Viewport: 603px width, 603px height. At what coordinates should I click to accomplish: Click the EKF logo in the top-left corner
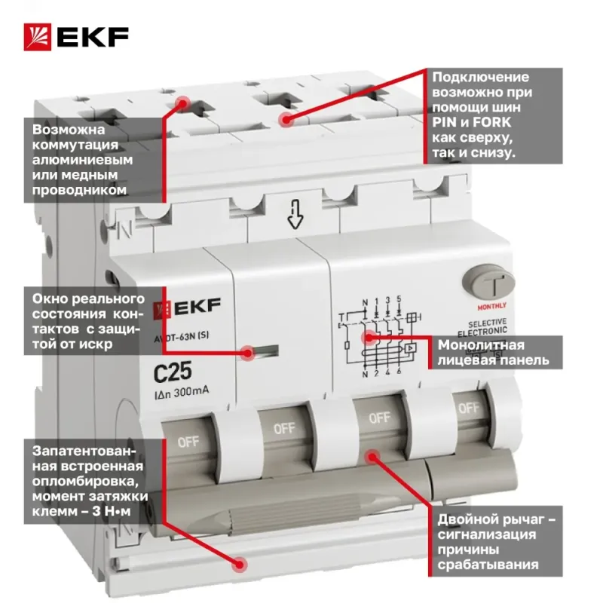pyautogui.click(x=76, y=37)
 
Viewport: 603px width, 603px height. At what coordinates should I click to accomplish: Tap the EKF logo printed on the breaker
pyautogui.click(x=187, y=308)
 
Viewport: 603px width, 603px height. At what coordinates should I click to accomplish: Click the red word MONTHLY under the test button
pyautogui.click(x=492, y=307)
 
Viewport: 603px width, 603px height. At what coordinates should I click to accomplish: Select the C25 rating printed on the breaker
pyautogui.click(x=173, y=372)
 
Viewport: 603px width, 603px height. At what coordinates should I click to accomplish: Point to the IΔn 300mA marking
pyautogui.click(x=181, y=393)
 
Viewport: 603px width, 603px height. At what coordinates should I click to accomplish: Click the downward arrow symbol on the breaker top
pyautogui.click(x=295, y=216)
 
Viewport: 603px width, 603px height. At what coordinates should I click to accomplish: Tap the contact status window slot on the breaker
pyautogui.click(x=265, y=350)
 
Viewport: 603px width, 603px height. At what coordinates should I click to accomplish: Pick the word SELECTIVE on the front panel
pyautogui.click(x=487, y=323)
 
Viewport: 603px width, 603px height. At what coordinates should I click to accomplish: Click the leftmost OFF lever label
pyautogui.click(x=188, y=442)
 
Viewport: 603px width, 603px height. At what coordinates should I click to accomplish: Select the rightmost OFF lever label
pyautogui.click(x=469, y=408)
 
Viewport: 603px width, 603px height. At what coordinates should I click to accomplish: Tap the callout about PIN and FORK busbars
pyautogui.click(x=494, y=115)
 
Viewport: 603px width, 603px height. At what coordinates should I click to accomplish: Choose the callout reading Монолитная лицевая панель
pyautogui.click(x=495, y=353)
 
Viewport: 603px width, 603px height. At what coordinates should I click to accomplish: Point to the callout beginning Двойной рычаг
pyautogui.click(x=495, y=541)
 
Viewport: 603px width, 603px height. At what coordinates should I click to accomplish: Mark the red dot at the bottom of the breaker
pyautogui.click(x=240, y=565)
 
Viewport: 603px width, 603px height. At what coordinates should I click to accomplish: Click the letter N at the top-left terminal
pyautogui.click(x=126, y=229)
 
